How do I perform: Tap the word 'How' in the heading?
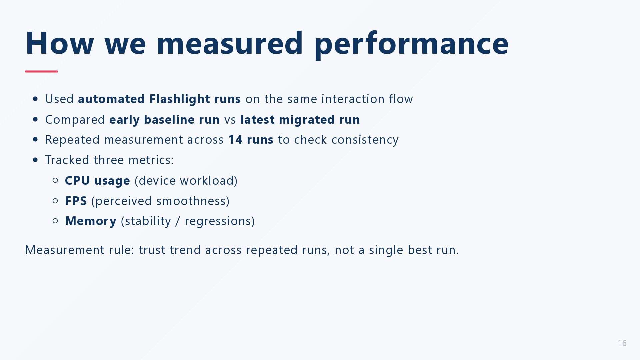tap(60, 43)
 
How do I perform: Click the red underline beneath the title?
tap(41, 71)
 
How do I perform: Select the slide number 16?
tap(622, 343)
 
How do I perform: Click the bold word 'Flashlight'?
tap(180, 99)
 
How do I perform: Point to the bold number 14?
tap(235, 140)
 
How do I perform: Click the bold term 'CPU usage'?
tap(97, 181)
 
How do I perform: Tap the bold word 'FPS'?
tap(76, 201)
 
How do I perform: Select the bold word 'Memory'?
tap(91, 221)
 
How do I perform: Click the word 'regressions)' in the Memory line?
tap(220, 221)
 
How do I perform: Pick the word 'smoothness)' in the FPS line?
tap(193, 201)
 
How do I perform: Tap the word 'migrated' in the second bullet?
tap(307, 120)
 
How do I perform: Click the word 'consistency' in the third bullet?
tap(365, 140)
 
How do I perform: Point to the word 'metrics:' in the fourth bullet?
tap(151, 160)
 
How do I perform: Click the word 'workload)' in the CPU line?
tap(209, 181)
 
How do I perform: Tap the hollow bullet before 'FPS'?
tap(56, 201)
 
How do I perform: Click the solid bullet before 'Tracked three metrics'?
tap(36, 160)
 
